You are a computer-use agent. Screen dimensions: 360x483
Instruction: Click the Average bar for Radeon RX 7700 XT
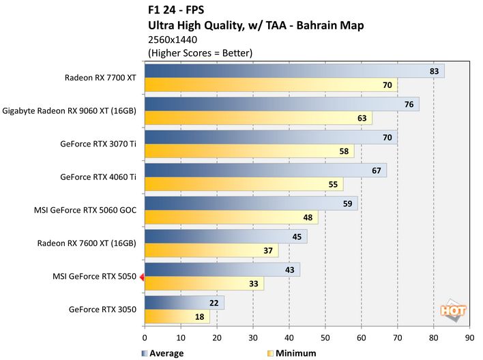coord(294,71)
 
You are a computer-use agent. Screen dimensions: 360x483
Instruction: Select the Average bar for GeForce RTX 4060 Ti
coord(265,170)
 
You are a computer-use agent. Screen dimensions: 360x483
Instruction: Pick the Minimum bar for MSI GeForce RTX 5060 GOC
coord(231,217)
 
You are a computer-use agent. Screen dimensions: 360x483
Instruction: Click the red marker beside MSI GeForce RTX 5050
coord(141,277)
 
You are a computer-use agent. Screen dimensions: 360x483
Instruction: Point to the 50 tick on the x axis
coord(325,337)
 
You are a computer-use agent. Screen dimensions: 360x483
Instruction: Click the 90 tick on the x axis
coord(469,337)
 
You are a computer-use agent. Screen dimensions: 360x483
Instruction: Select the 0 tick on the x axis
coord(145,337)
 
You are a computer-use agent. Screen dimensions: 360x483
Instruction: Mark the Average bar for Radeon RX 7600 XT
coord(226,237)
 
